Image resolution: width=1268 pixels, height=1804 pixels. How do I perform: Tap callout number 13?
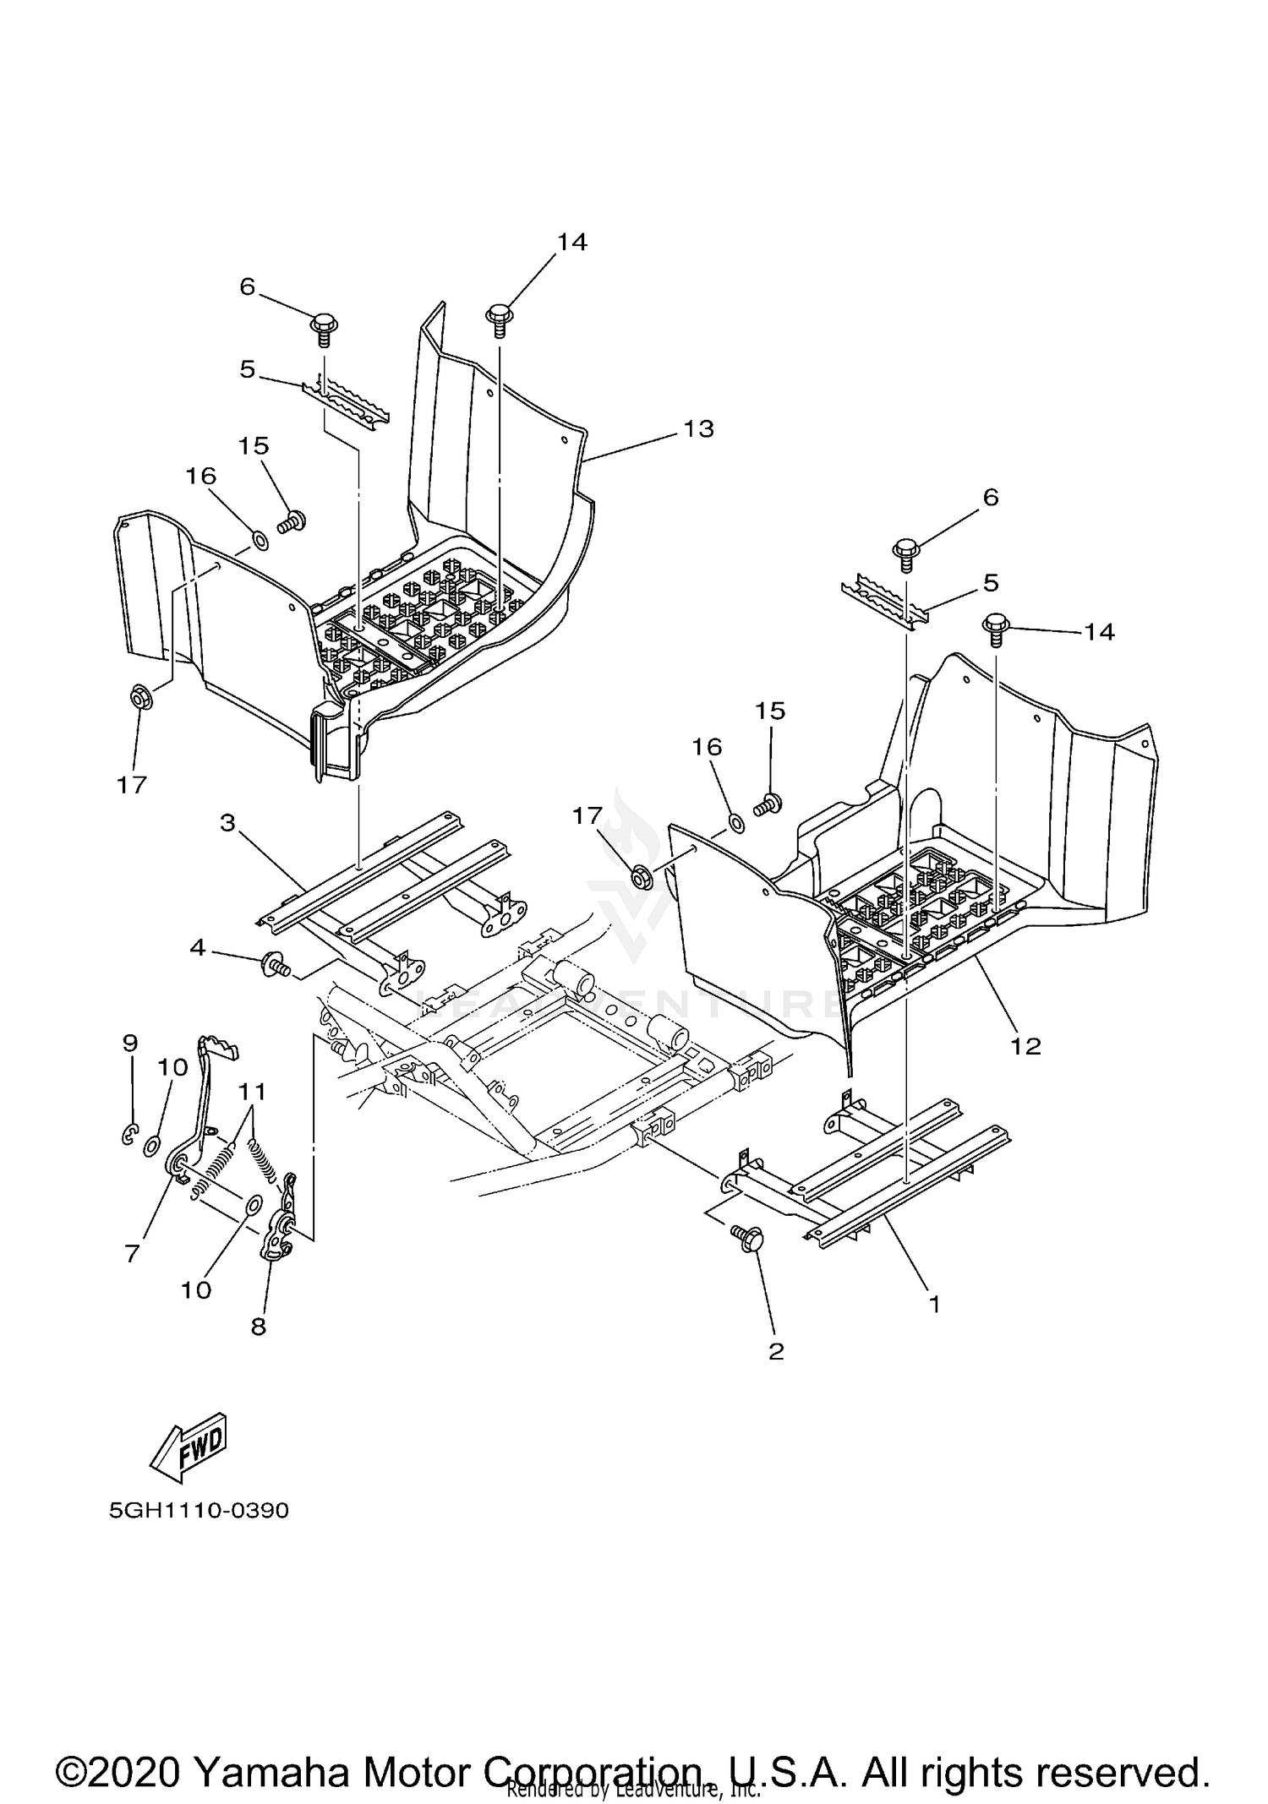(x=698, y=429)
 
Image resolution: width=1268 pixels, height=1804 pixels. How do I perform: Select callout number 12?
(x=1025, y=1046)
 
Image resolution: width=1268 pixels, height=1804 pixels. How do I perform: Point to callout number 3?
(x=227, y=822)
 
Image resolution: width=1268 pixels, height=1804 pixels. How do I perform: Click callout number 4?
(x=197, y=948)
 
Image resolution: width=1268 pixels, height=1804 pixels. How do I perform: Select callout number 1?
(x=934, y=1304)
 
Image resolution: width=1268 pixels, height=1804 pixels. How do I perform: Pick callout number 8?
(x=258, y=1326)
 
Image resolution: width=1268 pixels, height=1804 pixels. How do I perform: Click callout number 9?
(x=129, y=1043)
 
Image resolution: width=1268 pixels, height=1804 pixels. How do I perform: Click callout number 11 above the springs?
(x=252, y=1093)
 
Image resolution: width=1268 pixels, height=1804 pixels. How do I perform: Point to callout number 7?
(x=132, y=1254)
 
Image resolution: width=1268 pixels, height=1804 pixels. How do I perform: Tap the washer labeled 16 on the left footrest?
(x=260, y=537)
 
